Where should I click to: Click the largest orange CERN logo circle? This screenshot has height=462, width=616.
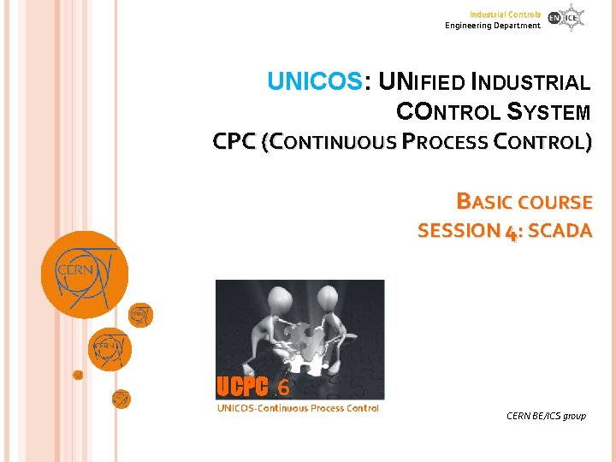[85, 274]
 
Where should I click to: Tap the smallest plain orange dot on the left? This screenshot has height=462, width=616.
[77, 375]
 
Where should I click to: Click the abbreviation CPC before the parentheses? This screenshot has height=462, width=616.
[234, 142]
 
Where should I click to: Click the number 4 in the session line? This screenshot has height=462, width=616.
[511, 231]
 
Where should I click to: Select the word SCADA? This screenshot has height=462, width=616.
[560, 230]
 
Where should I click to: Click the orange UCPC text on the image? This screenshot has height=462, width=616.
[242, 388]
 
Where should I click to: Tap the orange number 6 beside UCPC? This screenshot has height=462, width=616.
[283, 388]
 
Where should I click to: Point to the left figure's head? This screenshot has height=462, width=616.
[281, 299]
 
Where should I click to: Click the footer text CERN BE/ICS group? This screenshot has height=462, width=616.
[546, 416]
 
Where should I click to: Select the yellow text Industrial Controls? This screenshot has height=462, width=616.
[505, 15]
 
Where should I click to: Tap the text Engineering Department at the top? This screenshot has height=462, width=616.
[493, 26]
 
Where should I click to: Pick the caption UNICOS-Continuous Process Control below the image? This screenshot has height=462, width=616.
[298, 408]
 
